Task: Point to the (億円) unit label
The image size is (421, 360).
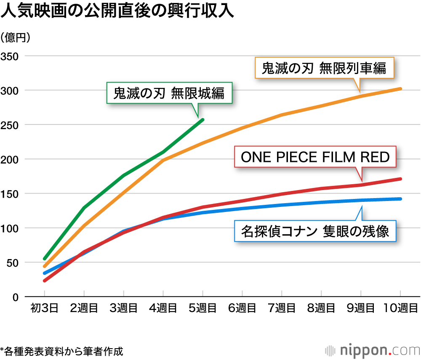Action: (x=16, y=38)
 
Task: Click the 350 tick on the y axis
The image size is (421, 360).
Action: (x=10, y=56)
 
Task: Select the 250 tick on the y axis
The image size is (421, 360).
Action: (x=10, y=125)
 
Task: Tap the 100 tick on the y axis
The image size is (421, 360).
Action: (x=10, y=228)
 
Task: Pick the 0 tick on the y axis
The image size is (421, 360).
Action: (x=16, y=297)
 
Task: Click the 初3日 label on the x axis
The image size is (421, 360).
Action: (x=44, y=309)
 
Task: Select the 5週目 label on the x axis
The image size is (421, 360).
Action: (x=203, y=309)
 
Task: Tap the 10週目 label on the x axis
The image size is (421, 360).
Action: (x=400, y=309)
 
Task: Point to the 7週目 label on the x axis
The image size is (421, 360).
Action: (x=282, y=309)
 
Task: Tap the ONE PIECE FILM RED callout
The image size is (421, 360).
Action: (x=315, y=157)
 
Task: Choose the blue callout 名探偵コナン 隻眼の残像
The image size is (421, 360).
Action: (x=315, y=231)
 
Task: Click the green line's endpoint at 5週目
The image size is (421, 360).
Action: (x=203, y=120)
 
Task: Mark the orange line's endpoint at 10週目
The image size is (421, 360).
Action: (x=400, y=89)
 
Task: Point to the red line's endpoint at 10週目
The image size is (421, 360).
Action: (x=400, y=179)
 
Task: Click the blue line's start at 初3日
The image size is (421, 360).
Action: (x=45, y=273)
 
